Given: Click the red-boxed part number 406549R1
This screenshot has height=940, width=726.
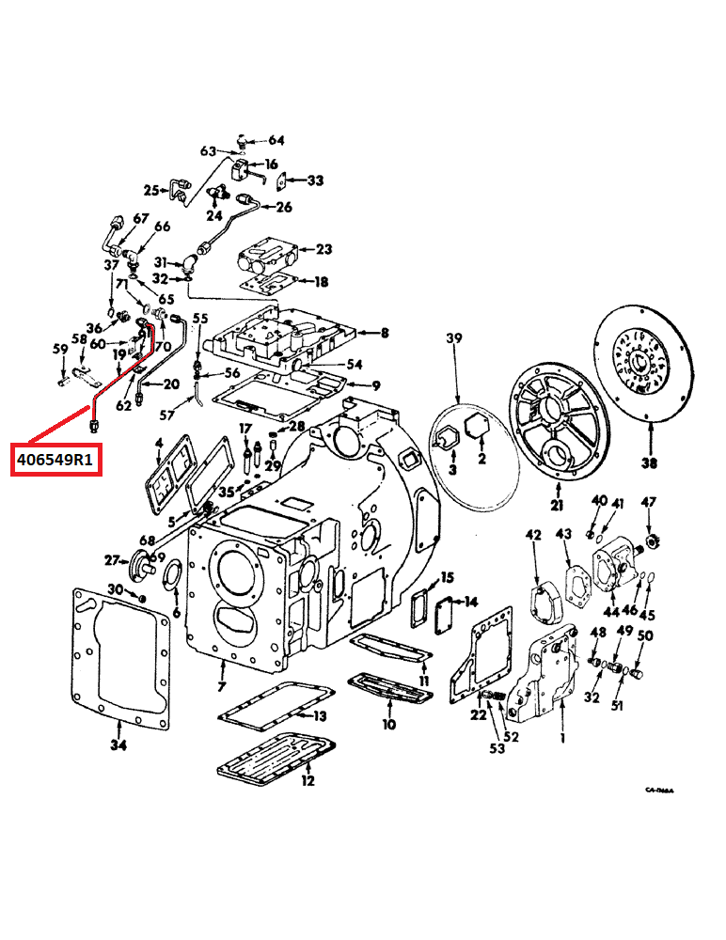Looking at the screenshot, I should pos(55,461).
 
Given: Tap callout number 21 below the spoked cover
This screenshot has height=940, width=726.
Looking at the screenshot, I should pos(557,507).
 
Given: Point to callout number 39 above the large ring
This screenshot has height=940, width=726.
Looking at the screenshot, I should pos(456,338).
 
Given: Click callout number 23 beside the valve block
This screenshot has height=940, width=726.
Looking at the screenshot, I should pos(324,249).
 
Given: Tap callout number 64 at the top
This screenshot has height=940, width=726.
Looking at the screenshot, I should pos(276,140).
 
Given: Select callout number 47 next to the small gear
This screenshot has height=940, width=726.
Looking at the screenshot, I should pos(648,503).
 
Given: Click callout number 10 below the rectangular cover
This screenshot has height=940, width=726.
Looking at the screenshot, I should pos(388,725).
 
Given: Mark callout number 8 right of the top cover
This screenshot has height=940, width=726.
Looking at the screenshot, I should pos(384,332).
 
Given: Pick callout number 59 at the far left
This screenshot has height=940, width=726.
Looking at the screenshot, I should pos(60,349).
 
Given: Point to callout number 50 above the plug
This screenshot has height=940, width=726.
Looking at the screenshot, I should pos(645,636).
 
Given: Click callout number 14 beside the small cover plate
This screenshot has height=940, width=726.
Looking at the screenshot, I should pos(471,601).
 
